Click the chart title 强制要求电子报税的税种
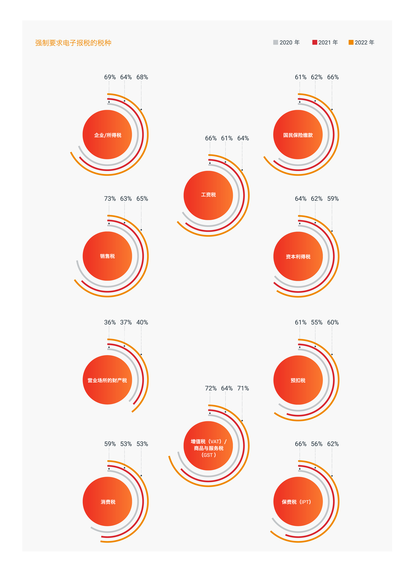(73, 43)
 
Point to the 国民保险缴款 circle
(298, 135)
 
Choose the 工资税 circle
(208, 195)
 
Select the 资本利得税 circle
(298, 256)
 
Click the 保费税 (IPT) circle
(298, 502)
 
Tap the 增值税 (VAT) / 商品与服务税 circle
(208, 446)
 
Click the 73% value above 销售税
(110, 198)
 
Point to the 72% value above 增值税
(211, 388)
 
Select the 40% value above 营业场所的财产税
(142, 322)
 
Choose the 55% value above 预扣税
(316, 322)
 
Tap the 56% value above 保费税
(316, 444)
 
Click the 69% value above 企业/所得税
(110, 77)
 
